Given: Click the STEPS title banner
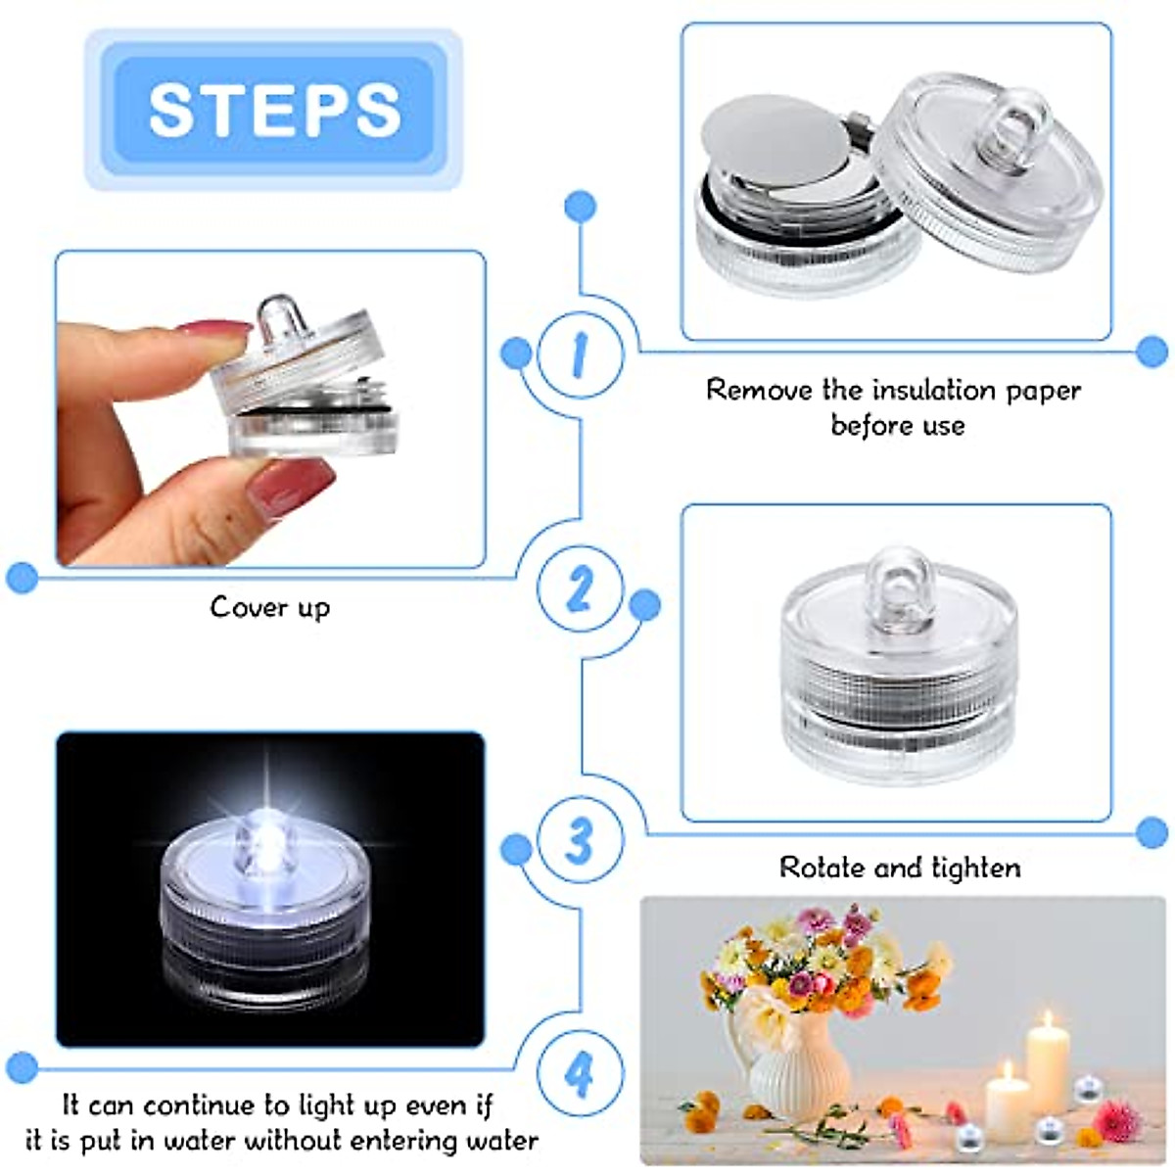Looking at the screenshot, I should pos(273,109).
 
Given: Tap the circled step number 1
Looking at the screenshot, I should pos(580,354).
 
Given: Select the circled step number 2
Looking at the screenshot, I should pos(580,589).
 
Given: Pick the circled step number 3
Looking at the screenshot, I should pos(580,840).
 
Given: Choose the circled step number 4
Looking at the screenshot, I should pos(580,1075).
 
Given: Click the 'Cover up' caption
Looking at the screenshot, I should pos(270,607).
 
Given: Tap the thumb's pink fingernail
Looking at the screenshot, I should pos(291,486).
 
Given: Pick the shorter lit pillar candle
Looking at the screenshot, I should pos(1008,1102).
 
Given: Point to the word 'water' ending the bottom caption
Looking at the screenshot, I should pos(499,1142).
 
